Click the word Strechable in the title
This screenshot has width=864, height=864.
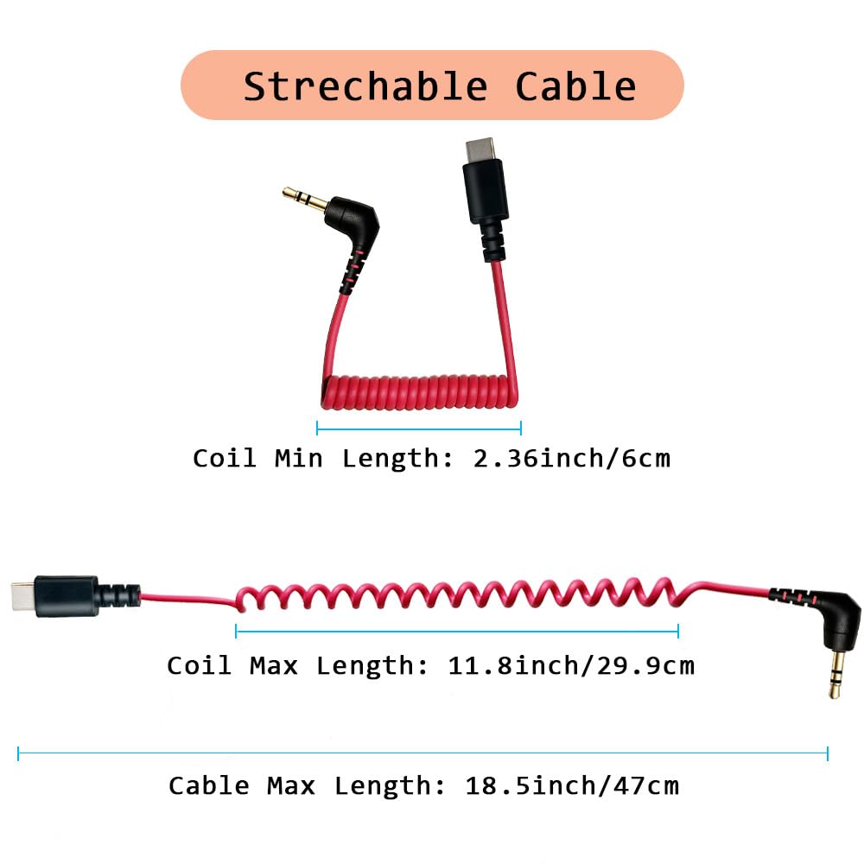365,87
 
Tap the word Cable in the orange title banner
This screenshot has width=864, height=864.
575,87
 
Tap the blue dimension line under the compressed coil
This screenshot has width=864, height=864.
419,427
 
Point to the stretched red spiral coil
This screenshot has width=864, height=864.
458,595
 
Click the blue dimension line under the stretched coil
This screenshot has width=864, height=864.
457,632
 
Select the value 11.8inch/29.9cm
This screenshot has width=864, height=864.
571,666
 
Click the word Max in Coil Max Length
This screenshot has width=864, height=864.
273,666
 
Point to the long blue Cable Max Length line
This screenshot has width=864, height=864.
422,753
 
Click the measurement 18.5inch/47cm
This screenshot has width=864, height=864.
572,786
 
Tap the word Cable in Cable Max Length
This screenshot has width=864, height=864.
209,786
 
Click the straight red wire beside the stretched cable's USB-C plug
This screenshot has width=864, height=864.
186,598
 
